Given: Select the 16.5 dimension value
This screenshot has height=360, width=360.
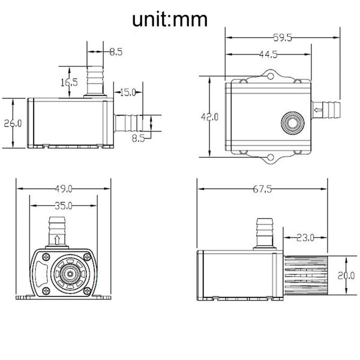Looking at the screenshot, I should (x=70, y=82).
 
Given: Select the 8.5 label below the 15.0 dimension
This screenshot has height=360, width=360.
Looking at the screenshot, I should (x=139, y=137).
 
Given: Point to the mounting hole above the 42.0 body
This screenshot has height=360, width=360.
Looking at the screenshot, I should (x=269, y=77).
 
